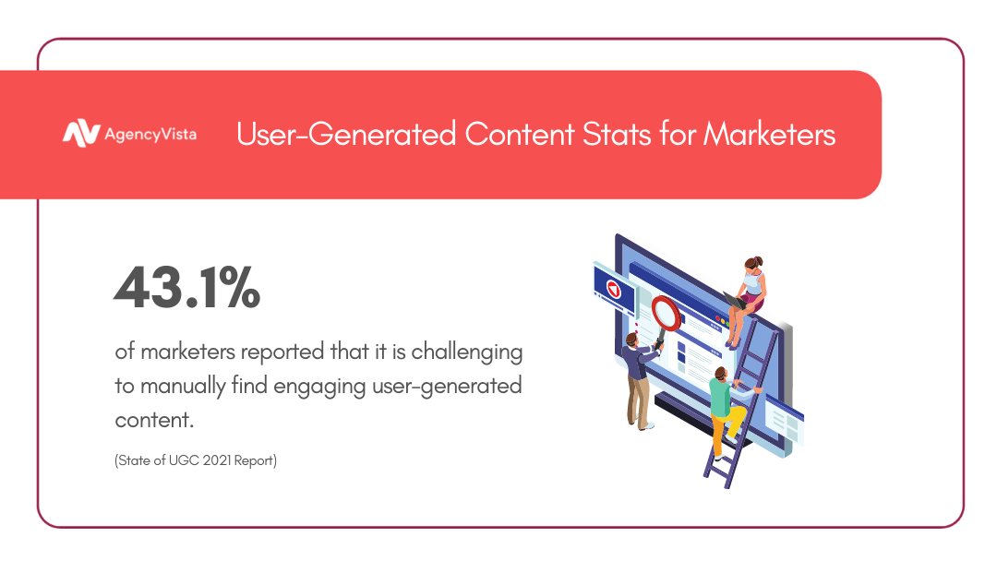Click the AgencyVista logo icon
(x=81, y=134)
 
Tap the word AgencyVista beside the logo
(x=150, y=135)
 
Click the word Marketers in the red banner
(x=769, y=134)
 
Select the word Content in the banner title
(x=520, y=134)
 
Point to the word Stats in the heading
(x=617, y=134)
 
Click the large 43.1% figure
(x=186, y=287)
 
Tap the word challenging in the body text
(x=467, y=352)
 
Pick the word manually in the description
(x=183, y=387)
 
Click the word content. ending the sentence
(x=154, y=420)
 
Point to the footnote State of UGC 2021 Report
(x=196, y=460)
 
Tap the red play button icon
(x=614, y=289)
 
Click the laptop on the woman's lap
(x=735, y=300)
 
